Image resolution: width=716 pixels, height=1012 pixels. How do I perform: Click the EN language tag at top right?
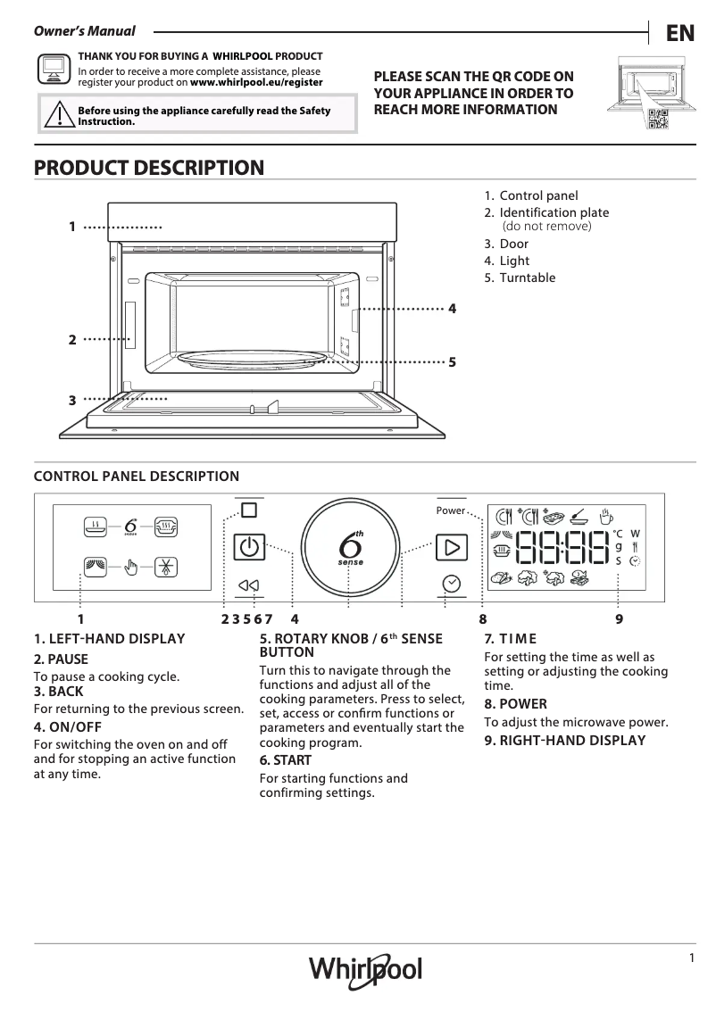tap(679, 33)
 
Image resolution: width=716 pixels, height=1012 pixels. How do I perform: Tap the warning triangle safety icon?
tap(58, 115)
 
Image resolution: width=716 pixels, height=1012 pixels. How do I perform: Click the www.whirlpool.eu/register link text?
tap(257, 82)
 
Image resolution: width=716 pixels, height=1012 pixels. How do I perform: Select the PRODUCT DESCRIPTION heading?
tap(148, 168)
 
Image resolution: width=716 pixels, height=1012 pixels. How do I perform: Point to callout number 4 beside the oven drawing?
tap(453, 309)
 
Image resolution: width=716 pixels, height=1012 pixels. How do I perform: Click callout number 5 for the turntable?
tap(453, 362)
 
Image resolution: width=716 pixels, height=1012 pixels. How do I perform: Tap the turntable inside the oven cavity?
tap(254, 358)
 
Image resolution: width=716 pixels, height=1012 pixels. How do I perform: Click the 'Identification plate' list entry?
tap(554, 212)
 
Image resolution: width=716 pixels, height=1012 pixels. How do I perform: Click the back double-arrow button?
tap(248, 585)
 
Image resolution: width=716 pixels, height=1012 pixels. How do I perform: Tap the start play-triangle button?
tap(452, 546)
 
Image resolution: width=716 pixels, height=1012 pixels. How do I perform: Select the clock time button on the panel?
tap(452, 584)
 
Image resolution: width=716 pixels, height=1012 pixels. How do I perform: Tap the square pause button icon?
tap(248, 510)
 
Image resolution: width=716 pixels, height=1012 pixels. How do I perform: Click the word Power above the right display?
tap(450, 510)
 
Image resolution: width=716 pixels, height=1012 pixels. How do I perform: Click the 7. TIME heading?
tap(510, 638)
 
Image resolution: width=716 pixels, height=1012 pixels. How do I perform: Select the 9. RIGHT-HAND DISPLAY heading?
tap(564, 741)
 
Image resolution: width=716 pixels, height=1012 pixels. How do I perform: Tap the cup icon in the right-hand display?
tap(606, 516)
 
